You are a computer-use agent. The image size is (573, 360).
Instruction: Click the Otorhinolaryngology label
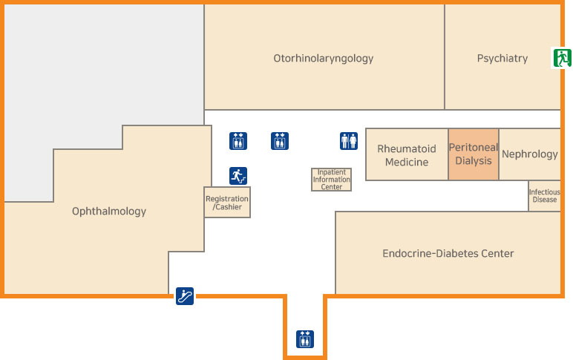click(323, 58)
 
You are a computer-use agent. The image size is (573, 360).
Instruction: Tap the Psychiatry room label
click(502, 58)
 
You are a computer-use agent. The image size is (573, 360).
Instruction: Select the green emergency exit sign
click(561, 57)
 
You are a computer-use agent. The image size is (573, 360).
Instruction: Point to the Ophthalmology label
click(109, 212)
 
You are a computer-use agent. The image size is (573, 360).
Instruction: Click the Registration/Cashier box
click(227, 202)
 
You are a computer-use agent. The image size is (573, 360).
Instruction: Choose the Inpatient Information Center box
click(331, 180)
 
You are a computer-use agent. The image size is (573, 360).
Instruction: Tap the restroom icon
click(349, 140)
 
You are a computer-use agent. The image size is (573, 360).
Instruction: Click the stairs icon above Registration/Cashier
click(238, 176)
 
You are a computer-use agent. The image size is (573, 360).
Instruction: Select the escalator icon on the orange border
click(185, 296)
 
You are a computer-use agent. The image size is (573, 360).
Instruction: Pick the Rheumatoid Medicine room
click(407, 155)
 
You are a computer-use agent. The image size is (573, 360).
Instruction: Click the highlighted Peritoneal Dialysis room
click(474, 154)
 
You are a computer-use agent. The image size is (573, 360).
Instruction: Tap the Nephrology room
click(529, 154)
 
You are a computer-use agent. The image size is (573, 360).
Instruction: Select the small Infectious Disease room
click(544, 196)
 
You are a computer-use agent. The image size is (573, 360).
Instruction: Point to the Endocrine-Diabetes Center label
click(448, 254)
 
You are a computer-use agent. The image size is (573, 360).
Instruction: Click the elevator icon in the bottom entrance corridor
click(305, 338)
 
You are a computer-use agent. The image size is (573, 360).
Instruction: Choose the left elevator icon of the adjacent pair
click(238, 140)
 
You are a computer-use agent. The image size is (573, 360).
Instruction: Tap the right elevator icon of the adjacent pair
click(280, 140)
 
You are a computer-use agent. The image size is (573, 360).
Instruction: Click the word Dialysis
click(474, 161)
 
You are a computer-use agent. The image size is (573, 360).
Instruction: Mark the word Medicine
click(407, 163)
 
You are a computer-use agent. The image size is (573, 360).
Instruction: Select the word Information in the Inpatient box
click(331, 180)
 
